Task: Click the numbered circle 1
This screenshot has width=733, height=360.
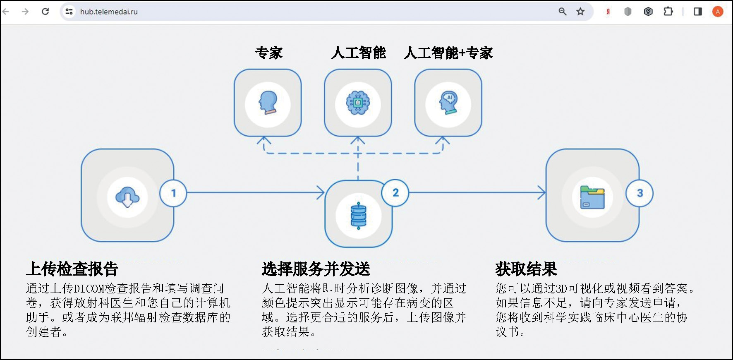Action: [x=173, y=193]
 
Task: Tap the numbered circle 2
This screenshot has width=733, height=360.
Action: [x=395, y=192]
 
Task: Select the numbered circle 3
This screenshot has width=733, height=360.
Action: [x=640, y=193]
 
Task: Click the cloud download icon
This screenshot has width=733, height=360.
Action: [x=127, y=197]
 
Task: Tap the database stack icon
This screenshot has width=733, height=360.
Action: [x=358, y=216]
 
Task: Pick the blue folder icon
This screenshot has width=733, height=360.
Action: [x=592, y=197]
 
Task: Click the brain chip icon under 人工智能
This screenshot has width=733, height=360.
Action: [x=358, y=103]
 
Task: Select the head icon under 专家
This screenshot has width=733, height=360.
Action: [x=268, y=103]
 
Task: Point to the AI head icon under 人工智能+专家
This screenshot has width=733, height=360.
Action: [x=448, y=103]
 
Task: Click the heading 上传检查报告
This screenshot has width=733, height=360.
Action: [x=72, y=269]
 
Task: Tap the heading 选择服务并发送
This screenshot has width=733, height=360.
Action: [x=316, y=269]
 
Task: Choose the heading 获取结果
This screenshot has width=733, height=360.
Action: [x=526, y=269]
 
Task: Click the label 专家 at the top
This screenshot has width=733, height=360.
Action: [x=269, y=53]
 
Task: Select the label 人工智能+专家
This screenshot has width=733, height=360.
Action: [x=448, y=53]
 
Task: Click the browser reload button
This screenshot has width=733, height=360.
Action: [x=46, y=12]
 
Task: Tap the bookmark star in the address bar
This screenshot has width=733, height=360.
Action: [x=580, y=12]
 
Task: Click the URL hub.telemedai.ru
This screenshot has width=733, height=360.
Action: [x=109, y=12]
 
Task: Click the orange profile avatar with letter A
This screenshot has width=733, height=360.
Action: [x=718, y=12]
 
